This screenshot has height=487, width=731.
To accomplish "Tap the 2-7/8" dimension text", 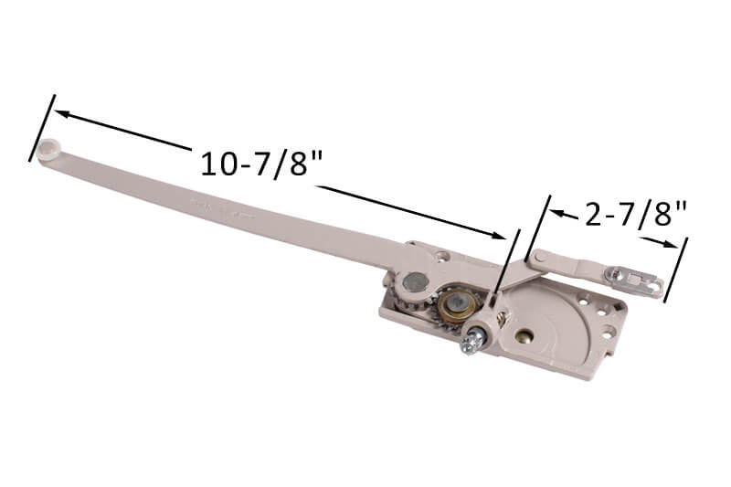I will point(635,215).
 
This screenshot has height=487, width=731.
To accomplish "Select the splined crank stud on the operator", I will point(472,342).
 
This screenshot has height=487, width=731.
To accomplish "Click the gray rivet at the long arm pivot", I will point(415,282).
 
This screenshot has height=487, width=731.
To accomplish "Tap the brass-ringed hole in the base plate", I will point(524,335).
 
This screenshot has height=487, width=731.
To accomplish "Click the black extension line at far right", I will point(674,270).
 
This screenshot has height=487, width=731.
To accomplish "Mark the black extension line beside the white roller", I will point(42,128).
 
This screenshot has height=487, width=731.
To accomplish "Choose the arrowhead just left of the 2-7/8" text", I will point(559,213).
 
